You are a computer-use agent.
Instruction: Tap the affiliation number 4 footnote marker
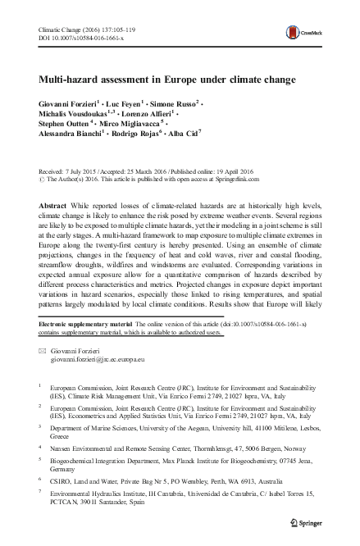(x=41, y=448)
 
